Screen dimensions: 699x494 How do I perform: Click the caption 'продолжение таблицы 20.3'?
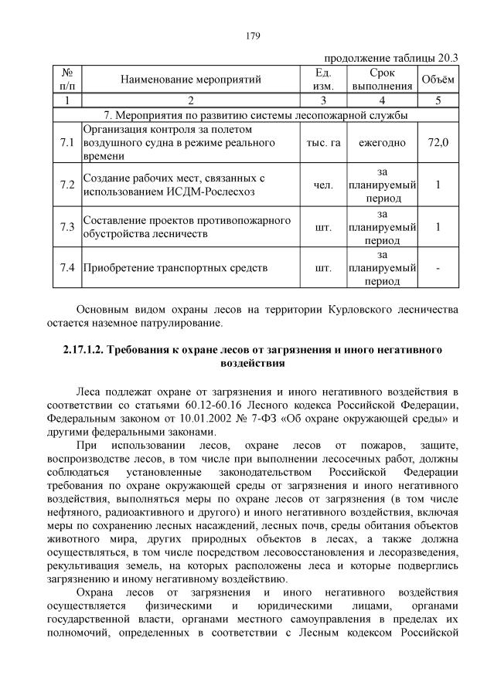[390, 57]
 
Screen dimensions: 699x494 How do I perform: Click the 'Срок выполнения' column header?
[383, 79]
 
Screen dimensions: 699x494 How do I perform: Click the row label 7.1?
[66, 143]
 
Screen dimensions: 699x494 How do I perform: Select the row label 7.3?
[66, 227]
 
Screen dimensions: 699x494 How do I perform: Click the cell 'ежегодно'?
[383, 143]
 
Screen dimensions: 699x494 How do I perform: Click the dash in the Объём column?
[438, 269]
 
